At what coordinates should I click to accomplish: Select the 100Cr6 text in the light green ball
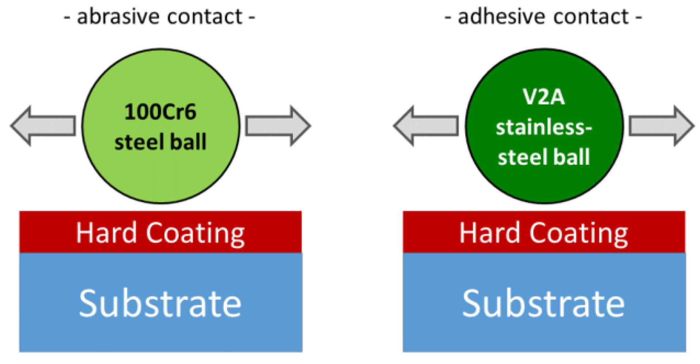pyautogui.click(x=160, y=112)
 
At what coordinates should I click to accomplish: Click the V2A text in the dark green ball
pyautogui.click(x=544, y=97)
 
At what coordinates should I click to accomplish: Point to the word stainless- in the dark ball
pyautogui.click(x=544, y=127)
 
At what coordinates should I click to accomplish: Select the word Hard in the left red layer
pyautogui.click(x=106, y=233)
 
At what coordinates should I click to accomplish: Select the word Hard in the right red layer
pyautogui.click(x=489, y=233)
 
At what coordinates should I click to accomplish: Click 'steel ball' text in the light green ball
pyautogui.click(x=160, y=142)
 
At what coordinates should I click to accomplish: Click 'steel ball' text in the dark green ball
pyautogui.click(x=544, y=157)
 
